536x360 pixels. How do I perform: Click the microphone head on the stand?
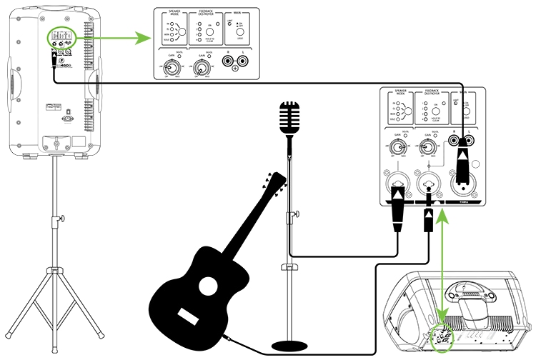tap(289, 117)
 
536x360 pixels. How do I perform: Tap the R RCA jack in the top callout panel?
tap(229, 63)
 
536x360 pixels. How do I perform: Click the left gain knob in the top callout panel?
tap(172, 68)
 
